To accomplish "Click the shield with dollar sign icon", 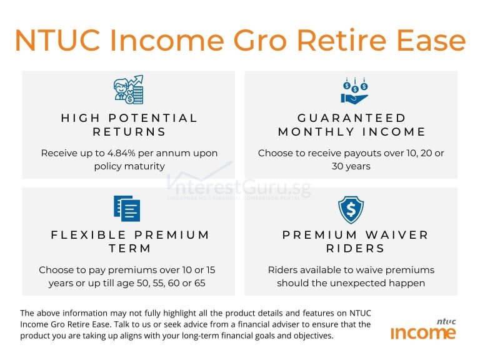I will pyautogui.click(x=351, y=209).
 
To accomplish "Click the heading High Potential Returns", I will pyautogui.click(x=129, y=124).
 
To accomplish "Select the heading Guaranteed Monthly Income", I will pyautogui.click(x=352, y=124).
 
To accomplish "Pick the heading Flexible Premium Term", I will pyautogui.click(x=129, y=241).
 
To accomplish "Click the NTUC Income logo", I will pyautogui.click(x=424, y=330).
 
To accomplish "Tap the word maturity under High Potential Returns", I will pyautogui.click(x=147, y=166).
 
